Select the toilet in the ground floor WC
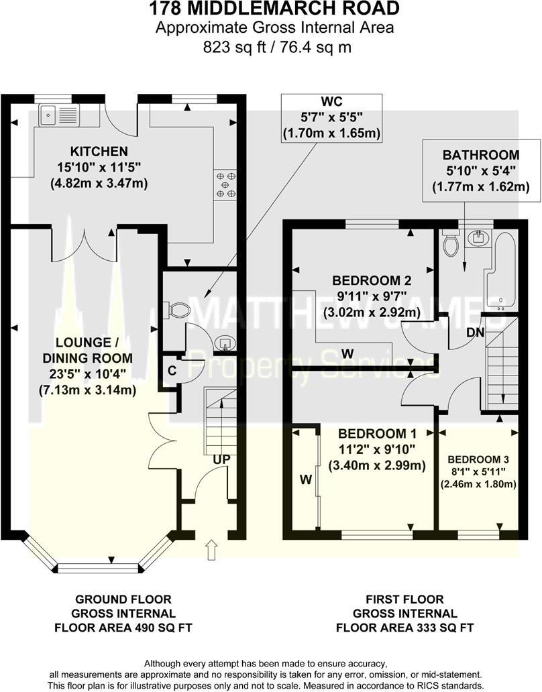pos(178,309)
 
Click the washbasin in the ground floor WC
pos(223,344)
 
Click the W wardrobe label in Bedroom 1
pos(306,479)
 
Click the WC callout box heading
pos(331,101)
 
